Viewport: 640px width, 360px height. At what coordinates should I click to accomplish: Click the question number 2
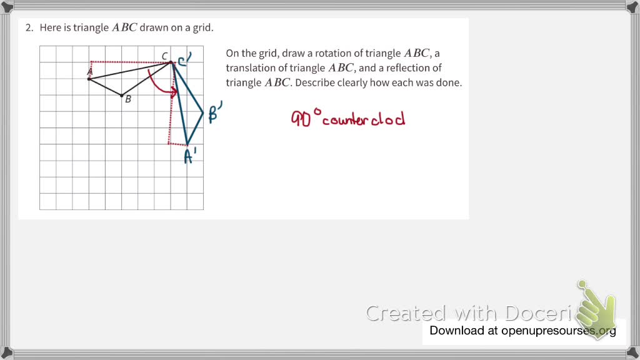[28, 28]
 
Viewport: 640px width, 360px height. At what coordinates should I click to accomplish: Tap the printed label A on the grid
[89, 72]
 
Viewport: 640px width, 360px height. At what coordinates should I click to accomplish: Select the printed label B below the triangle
[128, 99]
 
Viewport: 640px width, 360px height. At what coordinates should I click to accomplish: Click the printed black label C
[165, 57]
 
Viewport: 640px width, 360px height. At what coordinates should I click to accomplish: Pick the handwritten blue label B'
[215, 114]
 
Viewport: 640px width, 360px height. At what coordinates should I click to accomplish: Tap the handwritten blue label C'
[184, 59]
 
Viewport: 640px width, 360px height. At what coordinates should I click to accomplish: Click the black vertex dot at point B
[122, 95]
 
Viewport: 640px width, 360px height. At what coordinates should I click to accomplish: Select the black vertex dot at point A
[89, 79]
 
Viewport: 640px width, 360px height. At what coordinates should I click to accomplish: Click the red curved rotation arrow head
[175, 93]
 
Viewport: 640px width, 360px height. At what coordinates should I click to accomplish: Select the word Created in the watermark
[406, 312]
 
